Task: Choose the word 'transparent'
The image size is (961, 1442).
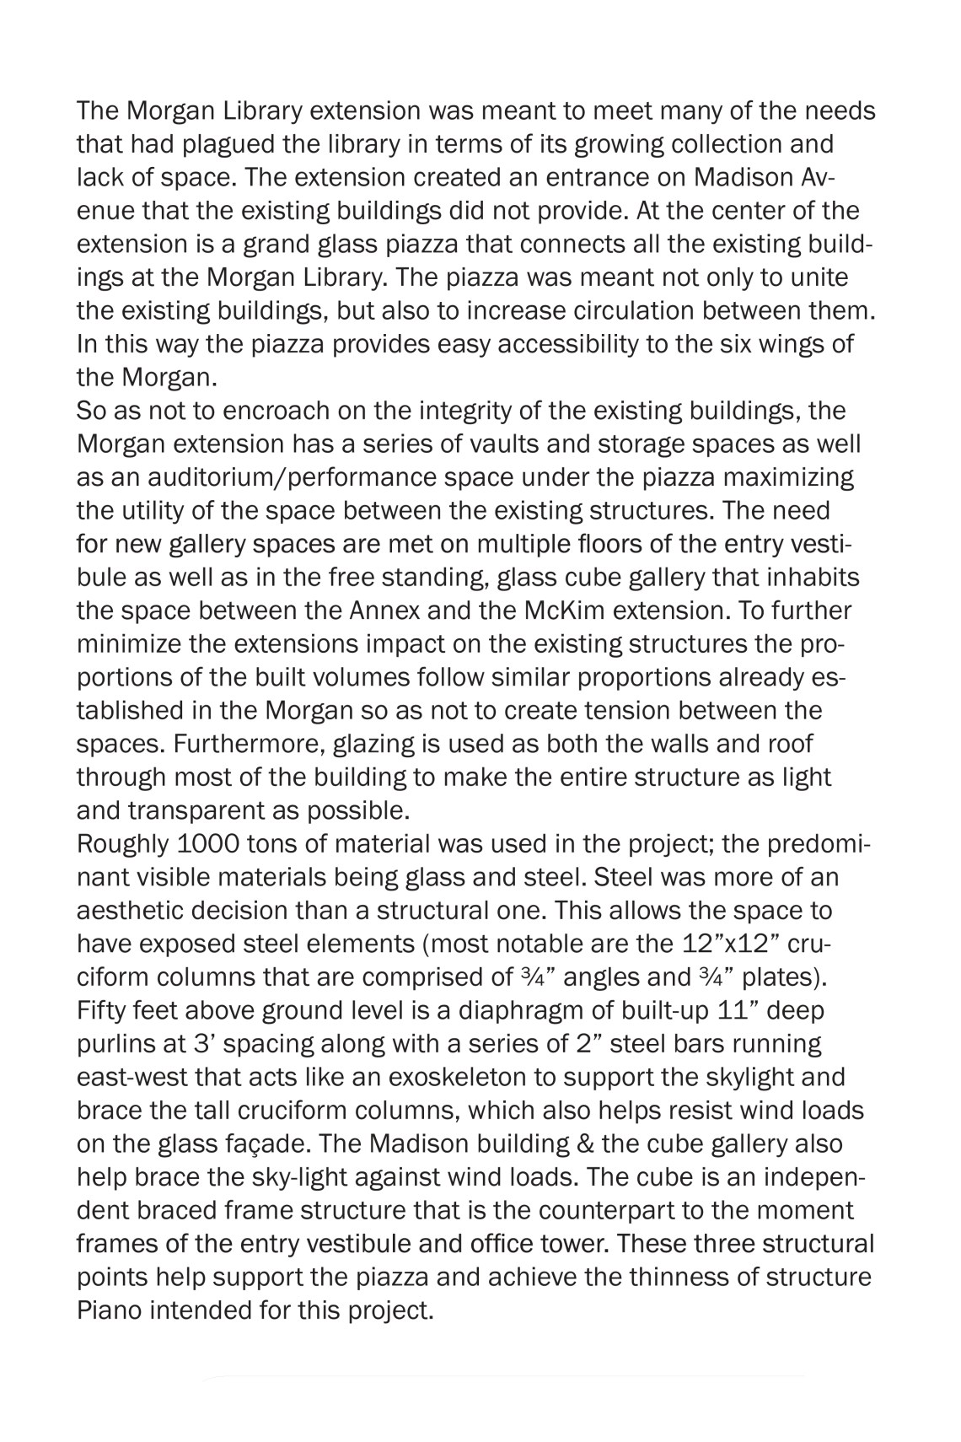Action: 193,811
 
